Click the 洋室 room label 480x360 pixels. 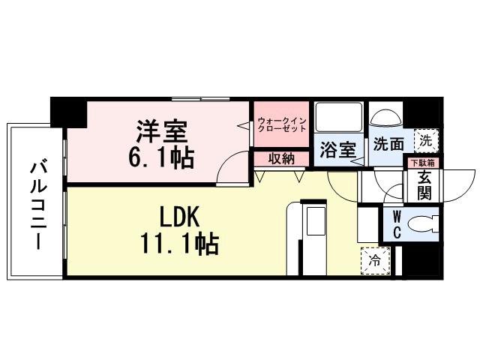coord(160,131)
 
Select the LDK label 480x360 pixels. coord(178,217)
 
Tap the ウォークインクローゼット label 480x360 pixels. coord(281,124)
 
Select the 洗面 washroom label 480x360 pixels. coord(388,143)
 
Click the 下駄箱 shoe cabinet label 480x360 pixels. coord(421,162)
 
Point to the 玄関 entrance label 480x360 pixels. coord(423,184)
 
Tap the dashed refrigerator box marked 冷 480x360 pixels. coord(373,261)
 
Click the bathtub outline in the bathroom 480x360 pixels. coord(337,118)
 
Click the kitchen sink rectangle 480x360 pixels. coord(313,223)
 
